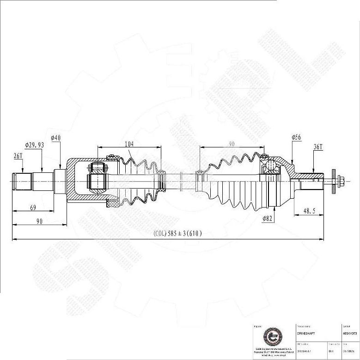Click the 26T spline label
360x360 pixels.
(18, 156)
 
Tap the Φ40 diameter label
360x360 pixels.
(55, 138)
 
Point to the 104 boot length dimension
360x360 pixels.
(129, 144)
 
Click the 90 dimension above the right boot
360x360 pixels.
(232, 144)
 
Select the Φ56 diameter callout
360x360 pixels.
(296, 137)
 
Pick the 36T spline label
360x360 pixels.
(318, 147)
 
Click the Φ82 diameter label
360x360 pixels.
(267, 219)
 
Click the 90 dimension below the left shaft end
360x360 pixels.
(39, 222)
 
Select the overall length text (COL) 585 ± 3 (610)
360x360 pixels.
(177, 234)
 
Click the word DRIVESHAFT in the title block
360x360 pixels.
(307, 333)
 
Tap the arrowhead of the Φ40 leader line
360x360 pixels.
(60, 168)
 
